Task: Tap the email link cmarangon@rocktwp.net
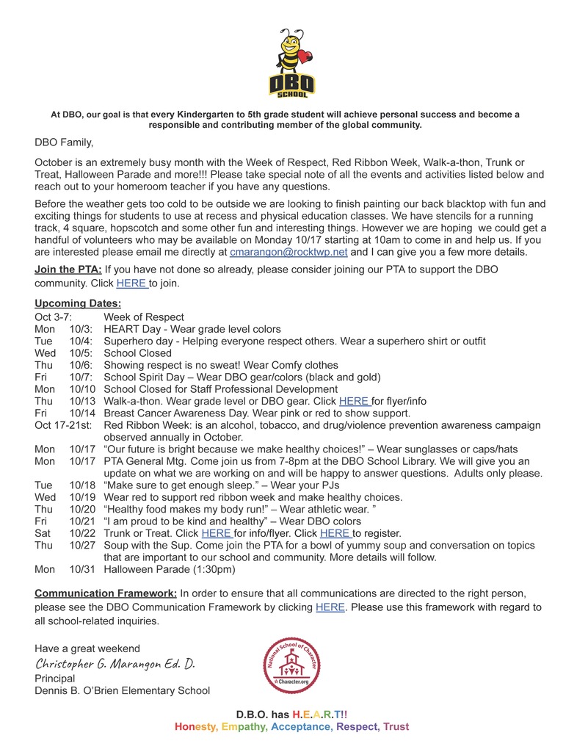pos(288,252)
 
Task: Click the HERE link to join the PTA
pos(131,283)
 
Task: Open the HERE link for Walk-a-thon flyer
pos(354,401)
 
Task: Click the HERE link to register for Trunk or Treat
pos(335,533)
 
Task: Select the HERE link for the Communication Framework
pos(330,607)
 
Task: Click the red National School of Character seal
pos(293,666)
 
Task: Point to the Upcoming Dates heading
pos(78,303)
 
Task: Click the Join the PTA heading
pos(68,270)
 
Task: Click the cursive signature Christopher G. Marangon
pos(115,664)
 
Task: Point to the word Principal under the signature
pos(54,679)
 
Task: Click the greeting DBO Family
pos(64,142)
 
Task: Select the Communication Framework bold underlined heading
pos(106,593)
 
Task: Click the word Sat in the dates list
pos(43,533)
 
